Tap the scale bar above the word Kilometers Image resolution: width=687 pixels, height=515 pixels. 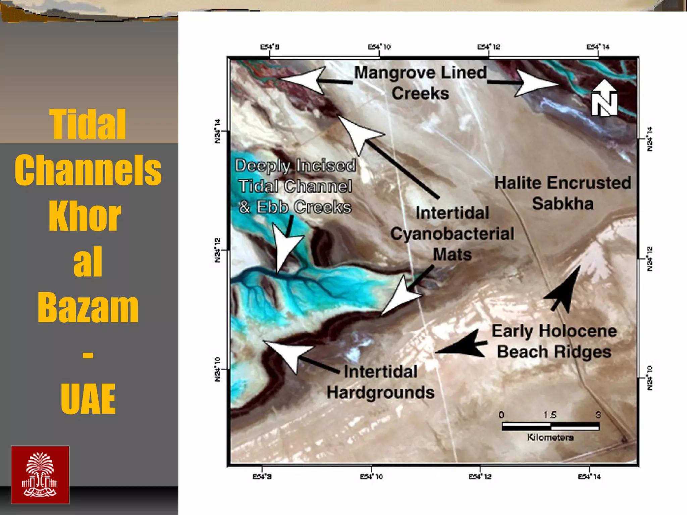(550, 426)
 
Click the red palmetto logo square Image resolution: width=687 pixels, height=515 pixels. (40, 474)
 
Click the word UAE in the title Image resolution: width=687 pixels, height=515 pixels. (88, 399)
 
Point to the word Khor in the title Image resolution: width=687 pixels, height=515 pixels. (85, 216)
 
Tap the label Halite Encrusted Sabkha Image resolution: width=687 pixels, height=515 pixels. (563, 193)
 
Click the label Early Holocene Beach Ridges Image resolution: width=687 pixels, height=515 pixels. (554, 341)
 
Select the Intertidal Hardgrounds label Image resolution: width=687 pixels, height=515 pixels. (380, 382)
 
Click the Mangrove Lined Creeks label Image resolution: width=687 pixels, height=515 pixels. (420, 82)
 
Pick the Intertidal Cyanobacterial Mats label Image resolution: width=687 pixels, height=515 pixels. (452, 234)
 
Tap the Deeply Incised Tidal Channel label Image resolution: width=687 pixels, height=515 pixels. (295, 186)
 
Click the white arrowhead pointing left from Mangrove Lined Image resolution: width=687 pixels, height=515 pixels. (304, 80)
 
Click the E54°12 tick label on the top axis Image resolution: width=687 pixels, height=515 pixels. (488, 47)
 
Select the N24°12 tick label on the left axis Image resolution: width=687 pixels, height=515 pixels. (217, 250)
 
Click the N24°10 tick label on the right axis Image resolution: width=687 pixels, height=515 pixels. (649, 378)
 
